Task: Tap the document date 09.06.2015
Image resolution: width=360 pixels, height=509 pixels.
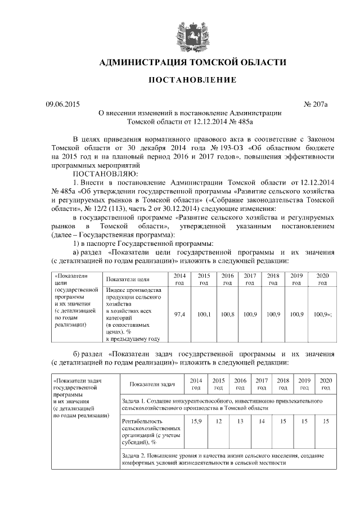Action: (63, 104)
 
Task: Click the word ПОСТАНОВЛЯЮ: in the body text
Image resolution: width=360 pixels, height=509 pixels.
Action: (106, 174)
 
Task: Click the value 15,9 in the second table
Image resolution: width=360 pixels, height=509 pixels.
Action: (196, 421)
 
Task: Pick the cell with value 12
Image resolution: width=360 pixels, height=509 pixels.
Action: (218, 421)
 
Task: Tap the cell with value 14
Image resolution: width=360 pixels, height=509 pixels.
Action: (262, 421)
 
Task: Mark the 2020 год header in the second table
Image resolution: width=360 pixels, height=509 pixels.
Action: (326, 384)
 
